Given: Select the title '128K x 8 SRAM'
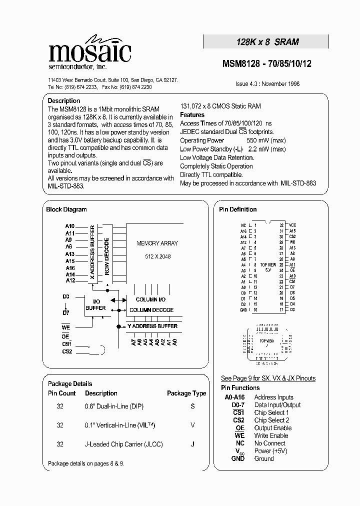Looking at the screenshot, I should [267, 42].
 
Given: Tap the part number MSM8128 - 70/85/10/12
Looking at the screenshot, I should [266, 64].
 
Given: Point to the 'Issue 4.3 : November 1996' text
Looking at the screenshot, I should [267, 84].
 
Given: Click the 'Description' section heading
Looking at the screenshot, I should [63, 101].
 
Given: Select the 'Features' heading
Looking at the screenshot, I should [192, 115].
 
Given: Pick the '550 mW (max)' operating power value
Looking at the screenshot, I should [267, 140].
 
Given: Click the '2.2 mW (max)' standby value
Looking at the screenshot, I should [267, 149].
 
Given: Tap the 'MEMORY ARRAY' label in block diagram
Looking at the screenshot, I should [157, 243].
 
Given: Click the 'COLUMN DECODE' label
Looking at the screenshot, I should [151, 310].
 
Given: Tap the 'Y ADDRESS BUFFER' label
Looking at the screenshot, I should [152, 326].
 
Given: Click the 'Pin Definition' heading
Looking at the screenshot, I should [237, 209].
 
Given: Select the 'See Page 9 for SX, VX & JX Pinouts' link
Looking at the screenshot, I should [268, 378].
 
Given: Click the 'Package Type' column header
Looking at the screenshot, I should [186, 393].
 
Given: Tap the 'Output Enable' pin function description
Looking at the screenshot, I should [273, 428].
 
